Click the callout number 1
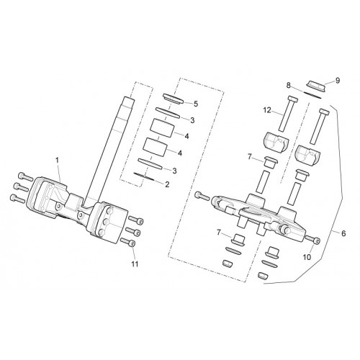[x=57, y=160]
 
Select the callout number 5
[x=196, y=104]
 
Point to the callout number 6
[x=343, y=233]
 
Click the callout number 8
[x=289, y=85]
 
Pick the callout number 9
[x=338, y=81]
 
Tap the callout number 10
[x=307, y=257]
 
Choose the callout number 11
[x=135, y=264]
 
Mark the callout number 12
[x=267, y=110]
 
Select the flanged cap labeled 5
[x=173, y=99]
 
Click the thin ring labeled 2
[x=144, y=176]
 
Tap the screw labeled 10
[x=312, y=239]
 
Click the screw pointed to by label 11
[x=128, y=242]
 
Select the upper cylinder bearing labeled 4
[x=162, y=129]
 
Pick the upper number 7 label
[x=249, y=158]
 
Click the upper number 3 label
[x=192, y=120]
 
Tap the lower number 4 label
[x=180, y=153]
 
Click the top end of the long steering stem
[x=128, y=97]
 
